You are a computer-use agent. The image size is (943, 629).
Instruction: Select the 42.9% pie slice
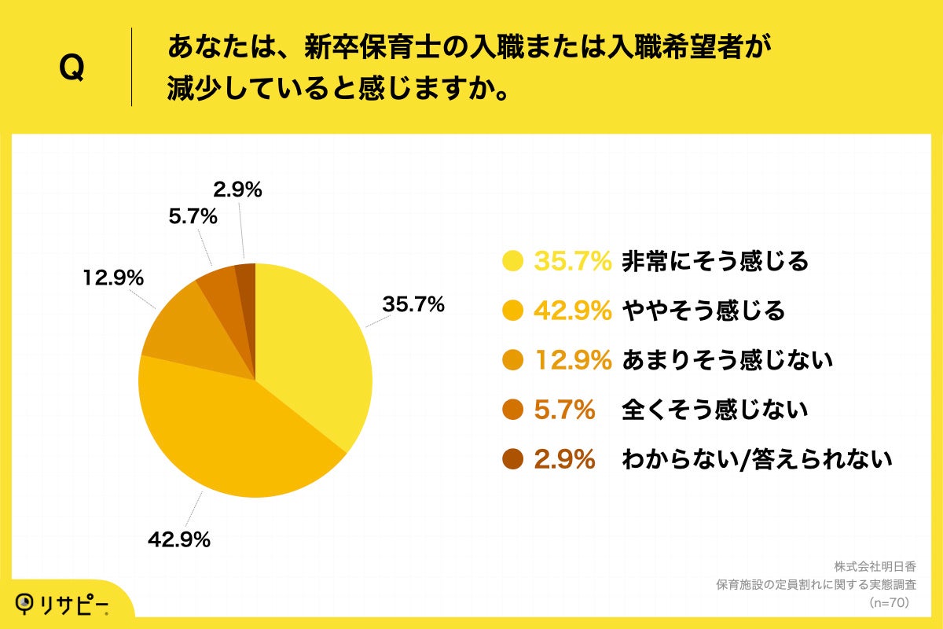(x=228, y=440)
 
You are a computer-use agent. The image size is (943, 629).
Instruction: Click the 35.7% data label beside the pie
(x=414, y=304)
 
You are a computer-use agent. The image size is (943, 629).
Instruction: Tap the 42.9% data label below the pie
(x=179, y=539)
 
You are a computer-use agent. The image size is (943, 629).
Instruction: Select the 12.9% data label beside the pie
(x=112, y=278)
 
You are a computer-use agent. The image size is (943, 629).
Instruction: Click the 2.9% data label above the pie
(x=237, y=189)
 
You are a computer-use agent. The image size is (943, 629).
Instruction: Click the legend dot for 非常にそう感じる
(x=513, y=261)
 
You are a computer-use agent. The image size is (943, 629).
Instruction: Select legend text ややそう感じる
(x=703, y=311)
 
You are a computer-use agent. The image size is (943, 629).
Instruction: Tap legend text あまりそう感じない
(x=726, y=361)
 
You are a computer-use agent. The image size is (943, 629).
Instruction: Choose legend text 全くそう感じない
(x=714, y=410)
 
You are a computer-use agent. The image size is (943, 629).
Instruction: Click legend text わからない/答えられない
(x=756, y=459)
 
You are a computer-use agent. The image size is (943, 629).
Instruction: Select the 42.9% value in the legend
(x=573, y=311)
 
